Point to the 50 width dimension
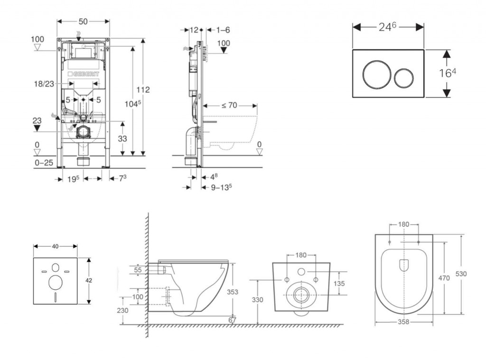(83, 22)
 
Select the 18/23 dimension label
(44, 84)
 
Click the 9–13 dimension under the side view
(221, 187)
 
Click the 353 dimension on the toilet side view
(232, 292)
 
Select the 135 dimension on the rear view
(339, 283)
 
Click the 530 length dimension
(461, 274)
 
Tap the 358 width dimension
(403, 322)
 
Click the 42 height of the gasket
(89, 280)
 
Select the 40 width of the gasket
(55, 246)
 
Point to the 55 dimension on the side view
(138, 269)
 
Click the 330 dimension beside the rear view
(257, 300)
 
